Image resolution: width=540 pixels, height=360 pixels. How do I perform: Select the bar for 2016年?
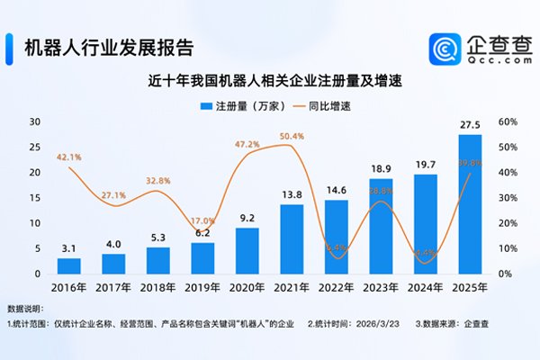(x=69, y=265)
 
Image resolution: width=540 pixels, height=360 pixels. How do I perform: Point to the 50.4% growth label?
(x=292, y=137)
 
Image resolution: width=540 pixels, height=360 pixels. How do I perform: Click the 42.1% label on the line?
(x=69, y=157)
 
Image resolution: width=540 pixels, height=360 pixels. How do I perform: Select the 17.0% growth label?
(x=202, y=220)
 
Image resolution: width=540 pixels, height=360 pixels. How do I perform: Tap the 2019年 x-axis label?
(x=202, y=288)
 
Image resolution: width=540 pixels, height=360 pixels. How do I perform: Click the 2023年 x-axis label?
(x=381, y=288)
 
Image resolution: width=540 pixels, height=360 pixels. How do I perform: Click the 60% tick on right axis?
(x=507, y=121)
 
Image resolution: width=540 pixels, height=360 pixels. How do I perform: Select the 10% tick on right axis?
(x=507, y=248)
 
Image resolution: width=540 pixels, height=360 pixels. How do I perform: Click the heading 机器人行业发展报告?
(x=107, y=46)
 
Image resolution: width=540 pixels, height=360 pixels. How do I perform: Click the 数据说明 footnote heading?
(x=24, y=308)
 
